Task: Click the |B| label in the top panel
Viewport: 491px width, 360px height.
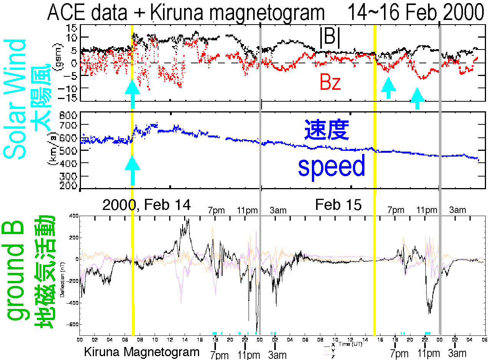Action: (x=330, y=38)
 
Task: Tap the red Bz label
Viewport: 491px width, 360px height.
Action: (x=330, y=83)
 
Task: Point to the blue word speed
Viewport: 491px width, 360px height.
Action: (x=331, y=167)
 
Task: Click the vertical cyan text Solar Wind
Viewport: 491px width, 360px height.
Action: (x=17, y=98)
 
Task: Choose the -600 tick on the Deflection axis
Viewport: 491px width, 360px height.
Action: (x=71, y=324)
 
